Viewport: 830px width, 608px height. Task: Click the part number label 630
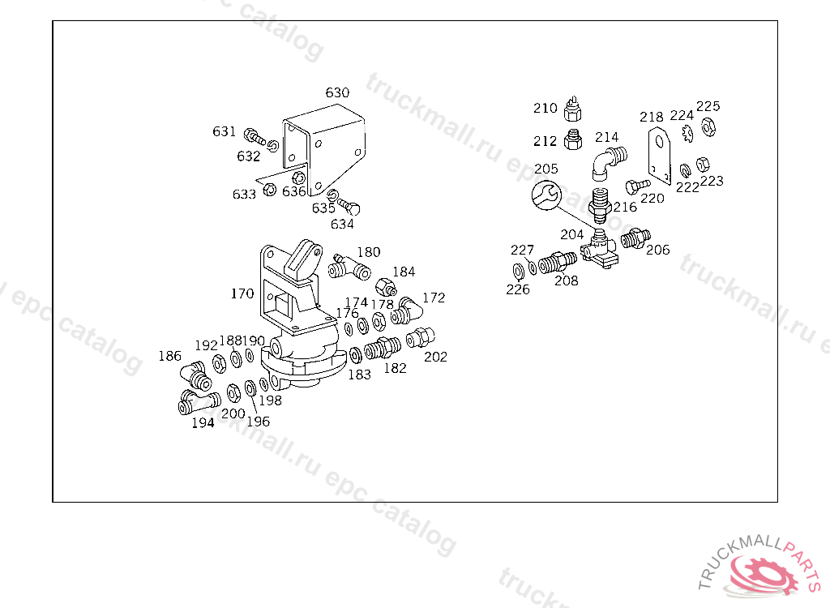337,92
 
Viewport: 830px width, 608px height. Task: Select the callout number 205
546,169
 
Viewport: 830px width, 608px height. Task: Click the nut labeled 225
708,126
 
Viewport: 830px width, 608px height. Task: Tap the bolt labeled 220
638,185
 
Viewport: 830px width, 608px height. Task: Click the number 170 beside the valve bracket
242,293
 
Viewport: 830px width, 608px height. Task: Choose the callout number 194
203,422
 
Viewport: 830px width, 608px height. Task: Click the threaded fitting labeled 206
634,238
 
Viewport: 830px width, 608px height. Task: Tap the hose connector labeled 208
558,263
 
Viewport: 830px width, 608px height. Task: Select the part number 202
435,356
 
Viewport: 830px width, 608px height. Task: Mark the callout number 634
342,223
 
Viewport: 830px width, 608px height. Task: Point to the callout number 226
518,289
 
